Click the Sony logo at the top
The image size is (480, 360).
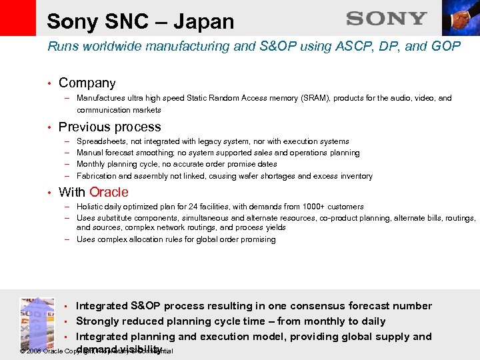tap(386, 19)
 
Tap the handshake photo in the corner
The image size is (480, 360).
tap(461, 18)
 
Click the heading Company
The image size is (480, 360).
tap(87, 83)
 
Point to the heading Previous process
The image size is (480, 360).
tap(109, 127)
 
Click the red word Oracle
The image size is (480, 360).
tap(109, 192)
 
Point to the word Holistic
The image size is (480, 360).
tap(91, 207)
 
